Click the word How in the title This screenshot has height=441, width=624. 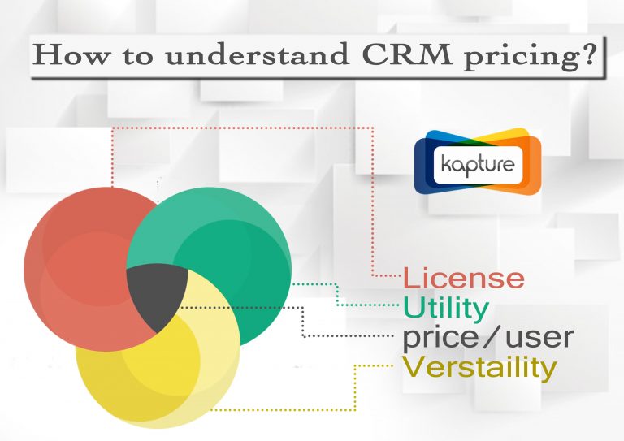(70, 54)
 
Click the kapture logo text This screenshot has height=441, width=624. (478, 165)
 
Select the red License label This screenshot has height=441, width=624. (464, 278)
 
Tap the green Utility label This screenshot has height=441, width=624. (446, 308)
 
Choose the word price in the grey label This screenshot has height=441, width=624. (440, 338)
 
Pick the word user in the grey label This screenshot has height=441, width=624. (539, 337)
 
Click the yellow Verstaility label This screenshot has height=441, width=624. (479, 368)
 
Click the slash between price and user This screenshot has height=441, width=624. (492, 336)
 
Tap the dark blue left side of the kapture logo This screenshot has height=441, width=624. (424, 165)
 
